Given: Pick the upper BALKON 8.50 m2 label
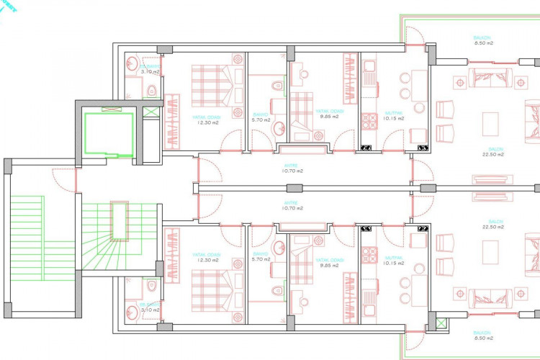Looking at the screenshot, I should click(x=482, y=40).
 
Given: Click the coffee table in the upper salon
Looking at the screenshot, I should click(x=491, y=122).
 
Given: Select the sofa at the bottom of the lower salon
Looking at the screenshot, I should click(x=490, y=296).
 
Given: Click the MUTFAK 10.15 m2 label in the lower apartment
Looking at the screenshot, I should click(x=394, y=261).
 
